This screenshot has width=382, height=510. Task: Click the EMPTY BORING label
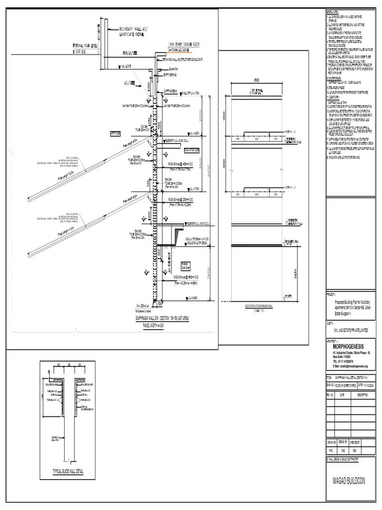click(172, 75)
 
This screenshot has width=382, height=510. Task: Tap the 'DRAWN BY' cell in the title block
click(332, 441)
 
